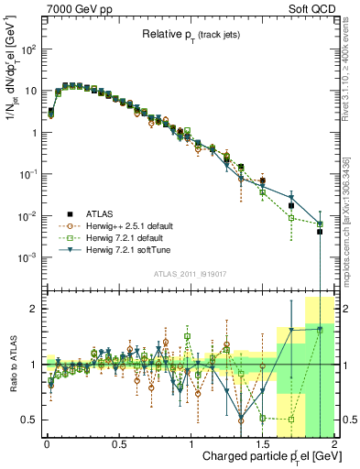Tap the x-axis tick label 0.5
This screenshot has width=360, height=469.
coord(118,443)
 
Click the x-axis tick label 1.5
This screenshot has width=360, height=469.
coord(263,443)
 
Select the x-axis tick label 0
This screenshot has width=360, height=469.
coord(47,443)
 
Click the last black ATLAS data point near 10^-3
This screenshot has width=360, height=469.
coord(320,232)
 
